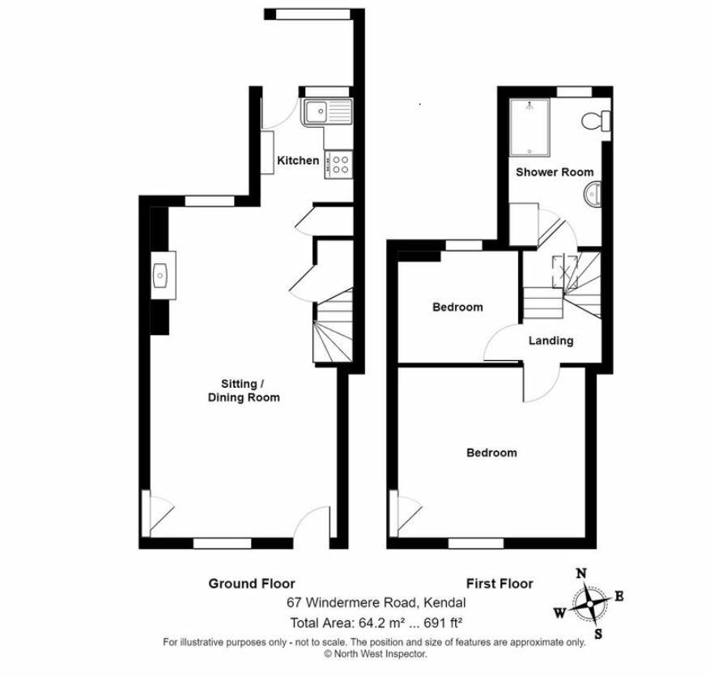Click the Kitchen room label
coord(298,160)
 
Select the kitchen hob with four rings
coord(338,164)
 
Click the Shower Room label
coord(555,172)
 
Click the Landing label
coord(551,340)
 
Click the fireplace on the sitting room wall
coord(161,275)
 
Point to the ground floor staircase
coord(332,328)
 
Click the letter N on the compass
coord(580,573)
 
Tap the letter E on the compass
coord(619,597)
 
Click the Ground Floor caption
coord(252,583)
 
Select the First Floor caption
coord(500,583)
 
